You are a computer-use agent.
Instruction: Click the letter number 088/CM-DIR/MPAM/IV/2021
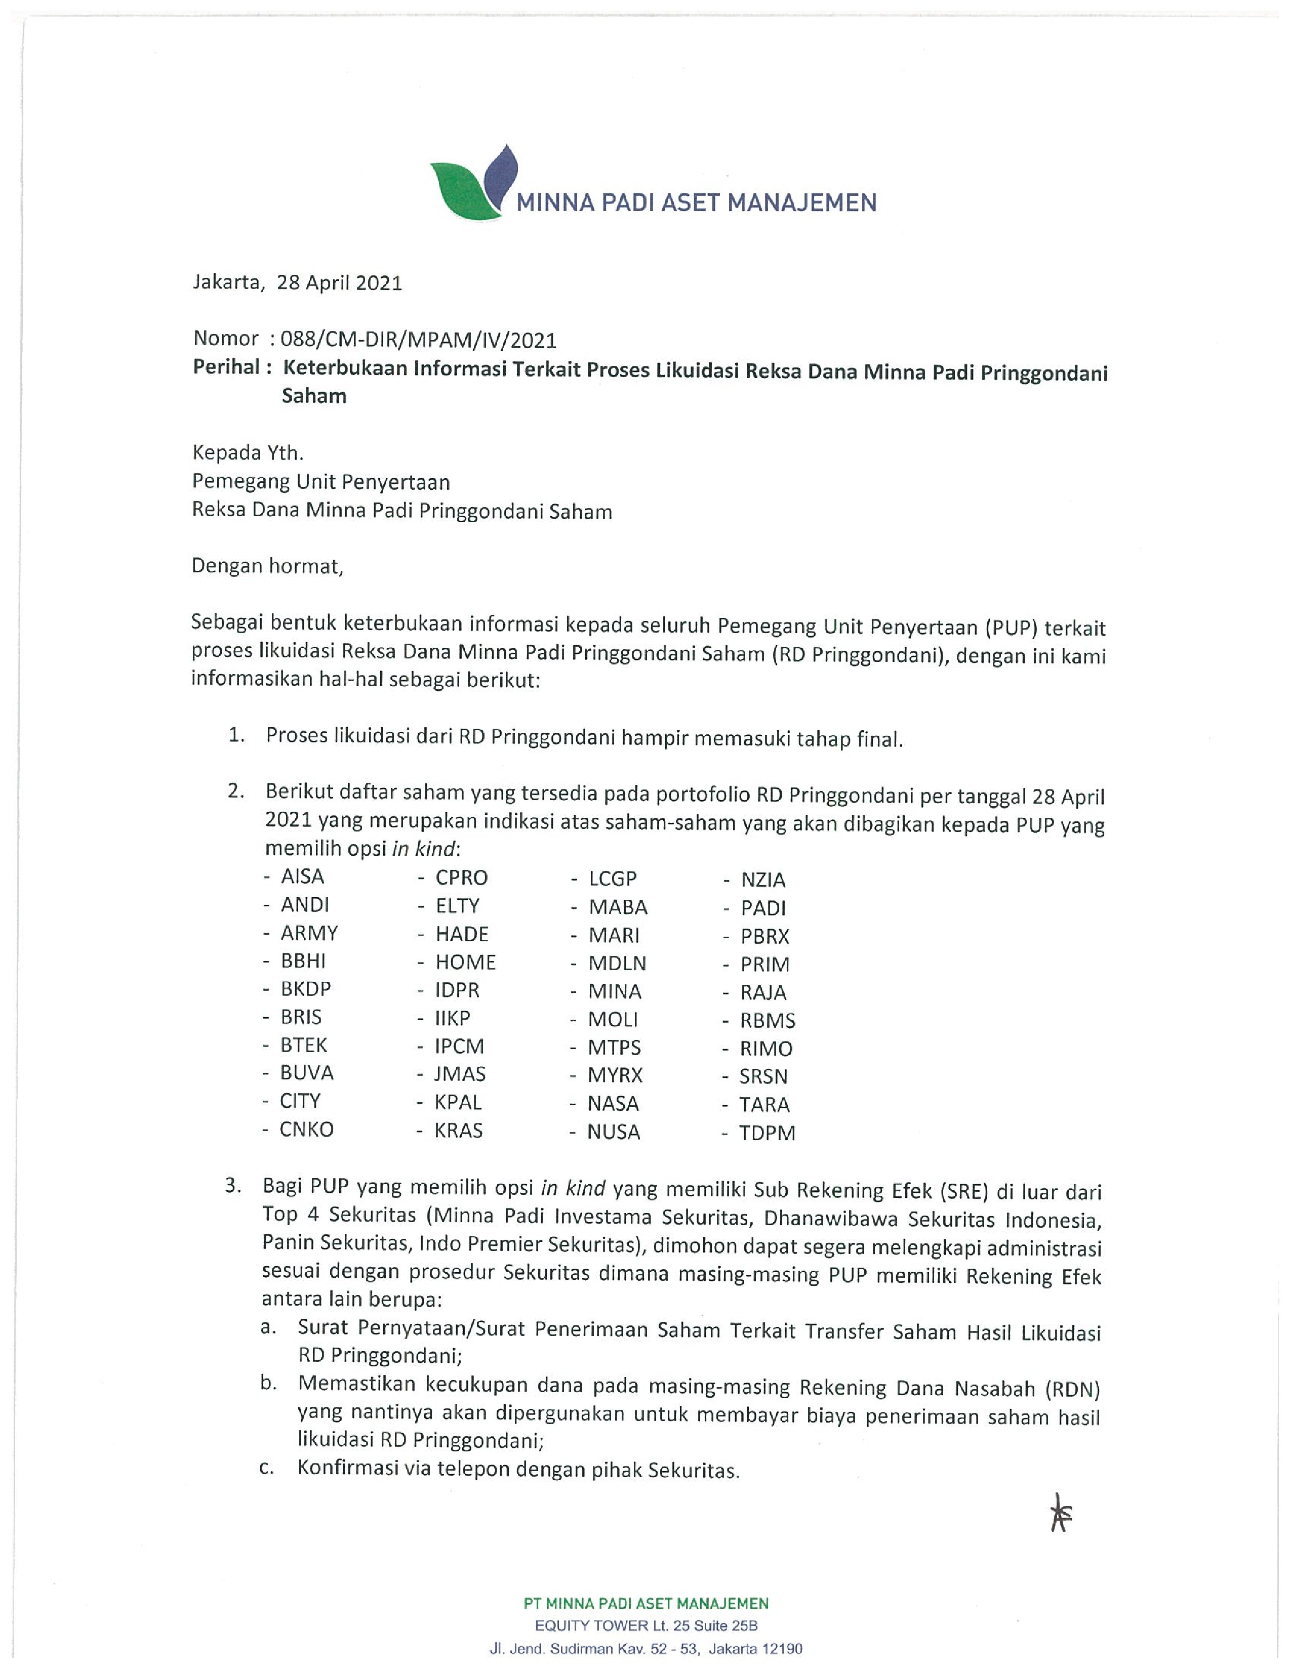pyautogui.click(x=418, y=340)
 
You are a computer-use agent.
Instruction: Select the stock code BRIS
pyautogui.click(x=301, y=1017)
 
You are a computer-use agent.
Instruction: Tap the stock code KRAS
pyautogui.click(x=458, y=1131)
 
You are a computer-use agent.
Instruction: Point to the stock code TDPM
pyautogui.click(x=767, y=1133)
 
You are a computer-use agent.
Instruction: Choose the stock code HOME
pyautogui.click(x=465, y=962)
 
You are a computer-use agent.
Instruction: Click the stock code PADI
pyautogui.click(x=762, y=908)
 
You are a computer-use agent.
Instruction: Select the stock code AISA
pyautogui.click(x=302, y=876)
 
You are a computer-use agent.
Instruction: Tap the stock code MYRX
pyautogui.click(x=615, y=1075)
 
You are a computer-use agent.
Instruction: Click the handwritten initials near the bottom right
pyautogui.click(x=1061, y=1514)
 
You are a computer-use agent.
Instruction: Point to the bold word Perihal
pyautogui.click(x=226, y=368)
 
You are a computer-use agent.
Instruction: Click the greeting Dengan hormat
pyautogui.click(x=268, y=567)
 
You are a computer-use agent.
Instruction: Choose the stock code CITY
pyautogui.click(x=300, y=1101)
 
